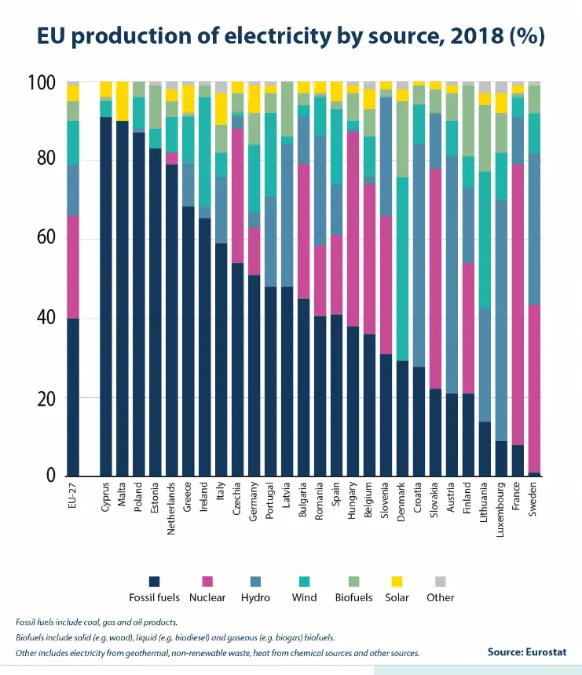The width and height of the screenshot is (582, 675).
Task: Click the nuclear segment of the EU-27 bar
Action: click(x=73, y=267)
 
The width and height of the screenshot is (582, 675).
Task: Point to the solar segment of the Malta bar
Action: click(x=123, y=100)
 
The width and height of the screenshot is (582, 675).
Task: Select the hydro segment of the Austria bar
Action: click(x=452, y=275)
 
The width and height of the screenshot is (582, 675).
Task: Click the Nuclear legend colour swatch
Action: click(x=208, y=581)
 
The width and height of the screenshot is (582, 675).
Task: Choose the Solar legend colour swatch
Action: click(x=396, y=581)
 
